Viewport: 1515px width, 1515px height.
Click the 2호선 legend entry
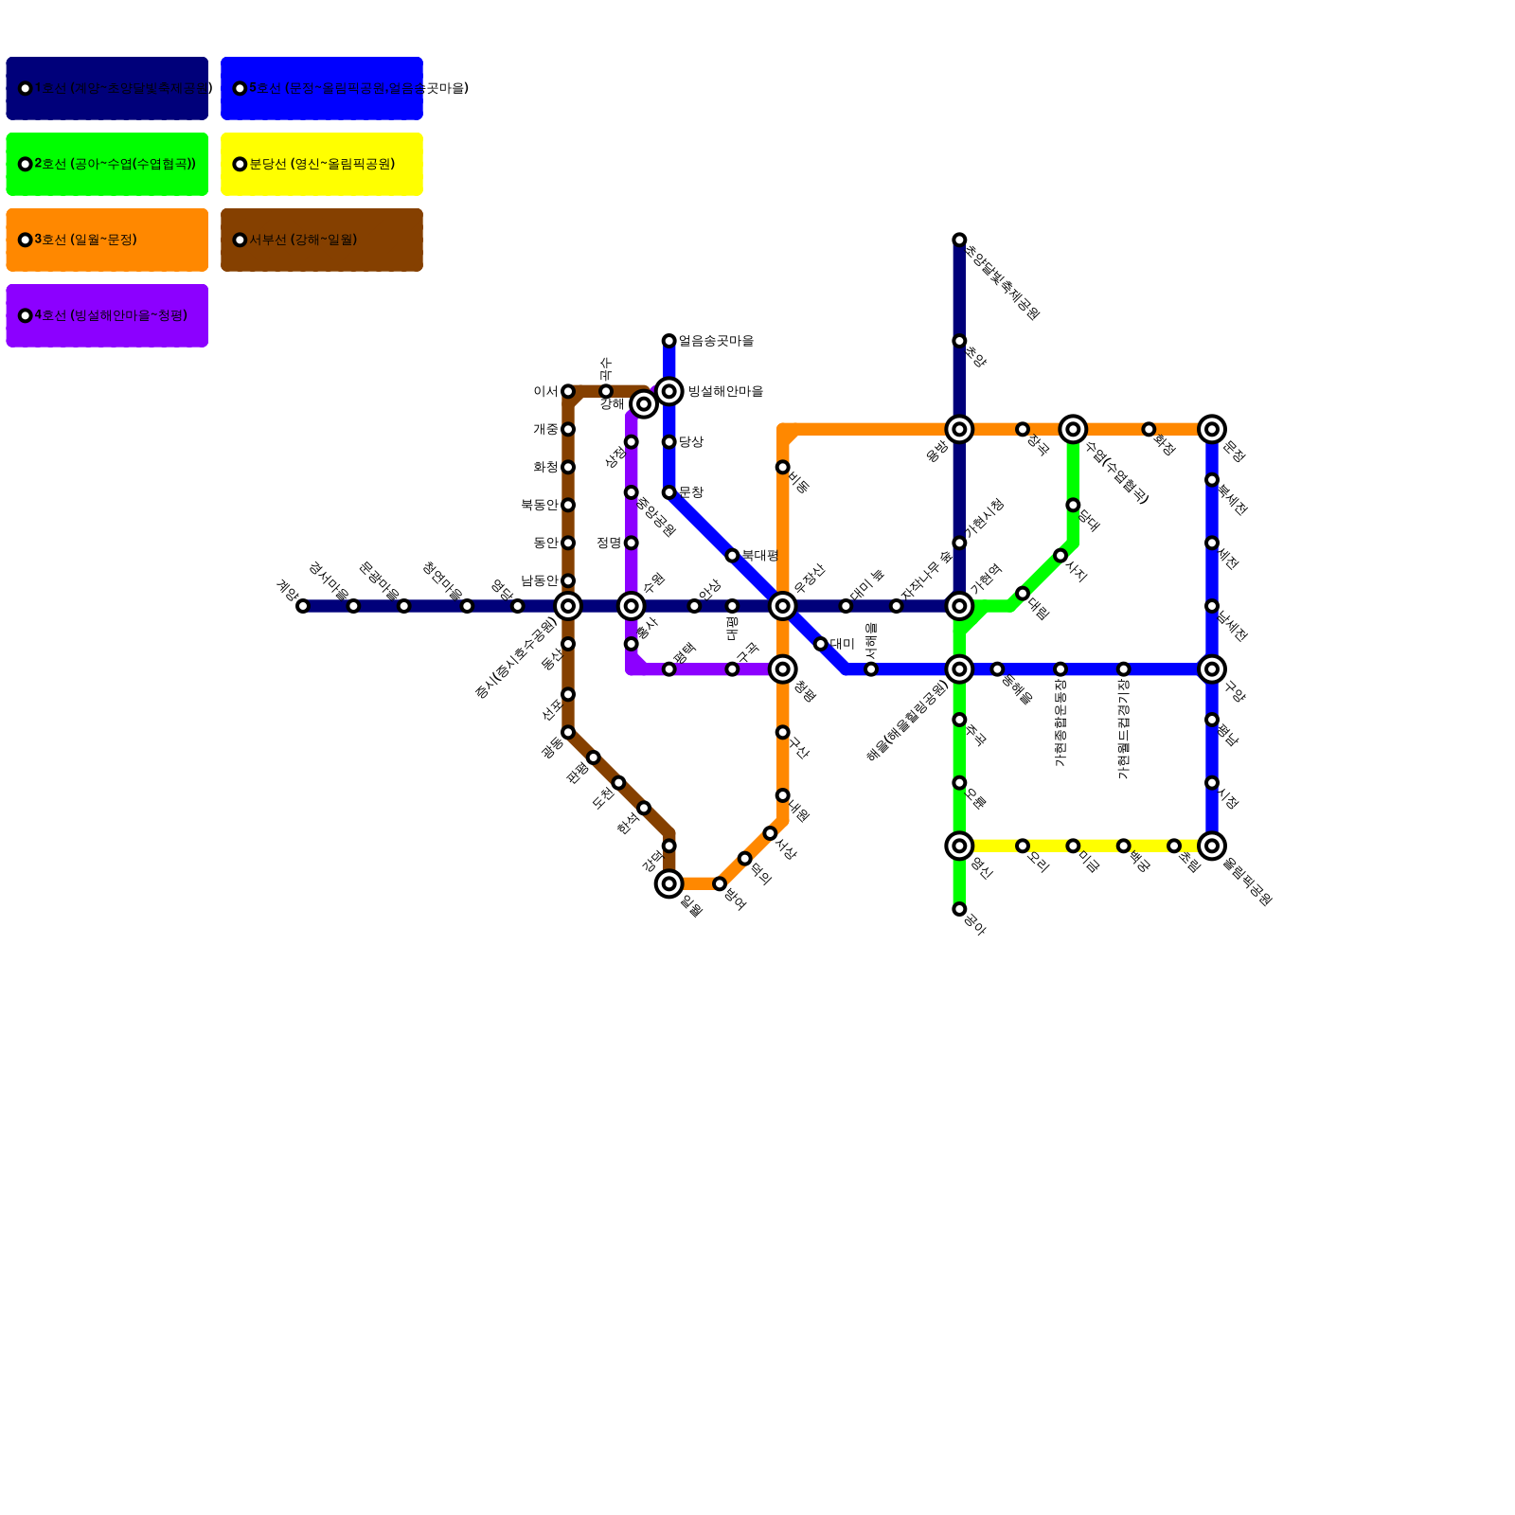107,164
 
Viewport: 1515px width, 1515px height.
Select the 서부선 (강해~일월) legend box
322,240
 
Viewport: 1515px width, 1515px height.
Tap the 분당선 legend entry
322,164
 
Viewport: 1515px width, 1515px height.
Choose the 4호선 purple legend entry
107,315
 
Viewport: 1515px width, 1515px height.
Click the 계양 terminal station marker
303,606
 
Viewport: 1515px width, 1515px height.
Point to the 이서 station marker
568,391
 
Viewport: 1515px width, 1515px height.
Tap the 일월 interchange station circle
669,883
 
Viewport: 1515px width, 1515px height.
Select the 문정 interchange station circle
1212,429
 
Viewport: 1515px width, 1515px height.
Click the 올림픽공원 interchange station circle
1212,846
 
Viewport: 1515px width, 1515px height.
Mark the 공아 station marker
959,909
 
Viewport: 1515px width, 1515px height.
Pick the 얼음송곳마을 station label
716,341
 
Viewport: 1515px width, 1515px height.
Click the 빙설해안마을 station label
725,391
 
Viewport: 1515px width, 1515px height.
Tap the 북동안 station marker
568,505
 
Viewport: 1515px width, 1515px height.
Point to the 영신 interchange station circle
959,846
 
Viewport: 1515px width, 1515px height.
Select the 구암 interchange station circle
1212,669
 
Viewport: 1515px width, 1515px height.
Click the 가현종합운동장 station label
1060,724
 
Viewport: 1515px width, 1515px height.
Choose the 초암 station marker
959,341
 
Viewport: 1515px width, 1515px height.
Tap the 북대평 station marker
732,556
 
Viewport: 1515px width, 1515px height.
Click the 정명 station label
609,543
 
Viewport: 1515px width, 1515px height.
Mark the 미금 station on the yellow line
1073,846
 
